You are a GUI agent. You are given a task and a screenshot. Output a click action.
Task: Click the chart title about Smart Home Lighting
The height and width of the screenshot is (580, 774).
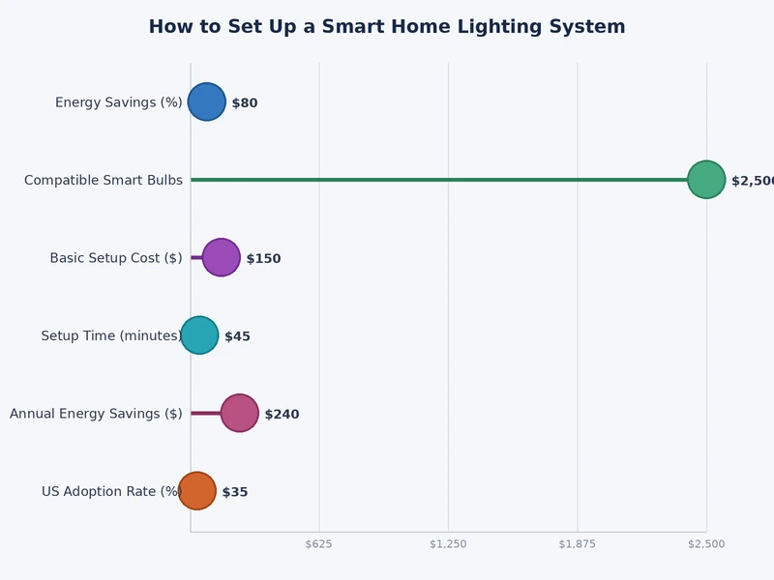(x=387, y=27)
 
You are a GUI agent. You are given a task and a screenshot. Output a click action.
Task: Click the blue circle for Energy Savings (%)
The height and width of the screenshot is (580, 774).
(x=206, y=101)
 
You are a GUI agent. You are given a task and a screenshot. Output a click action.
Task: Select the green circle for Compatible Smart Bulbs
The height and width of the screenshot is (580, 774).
(x=706, y=180)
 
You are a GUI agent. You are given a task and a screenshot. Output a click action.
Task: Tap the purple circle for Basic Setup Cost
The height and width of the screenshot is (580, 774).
(x=221, y=257)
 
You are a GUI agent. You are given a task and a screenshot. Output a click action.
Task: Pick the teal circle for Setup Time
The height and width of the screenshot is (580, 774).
(x=199, y=335)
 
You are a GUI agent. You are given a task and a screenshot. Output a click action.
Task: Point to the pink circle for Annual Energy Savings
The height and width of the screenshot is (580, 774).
(x=239, y=413)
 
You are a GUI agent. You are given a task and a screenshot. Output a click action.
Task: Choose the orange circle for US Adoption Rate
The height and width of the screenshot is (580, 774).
(x=197, y=491)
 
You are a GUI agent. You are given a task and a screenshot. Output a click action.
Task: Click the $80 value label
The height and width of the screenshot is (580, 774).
(x=245, y=103)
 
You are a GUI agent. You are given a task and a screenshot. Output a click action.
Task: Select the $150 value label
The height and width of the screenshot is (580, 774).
(x=263, y=259)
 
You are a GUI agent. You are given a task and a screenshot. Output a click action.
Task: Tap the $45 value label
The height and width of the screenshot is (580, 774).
(x=237, y=336)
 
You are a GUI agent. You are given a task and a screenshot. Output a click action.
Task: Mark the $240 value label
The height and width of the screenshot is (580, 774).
(x=282, y=415)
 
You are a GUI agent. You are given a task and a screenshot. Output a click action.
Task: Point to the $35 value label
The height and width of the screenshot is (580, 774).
(x=235, y=492)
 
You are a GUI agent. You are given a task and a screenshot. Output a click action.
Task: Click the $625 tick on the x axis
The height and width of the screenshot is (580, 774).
(x=319, y=544)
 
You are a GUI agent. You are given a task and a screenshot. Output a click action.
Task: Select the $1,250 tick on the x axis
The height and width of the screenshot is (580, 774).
(x=448, y=544)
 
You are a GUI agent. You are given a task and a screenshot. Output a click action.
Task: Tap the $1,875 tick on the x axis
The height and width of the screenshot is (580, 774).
(x=578, y=544)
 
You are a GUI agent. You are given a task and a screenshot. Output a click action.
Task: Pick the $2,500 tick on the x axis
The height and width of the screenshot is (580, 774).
(x=706, y=544)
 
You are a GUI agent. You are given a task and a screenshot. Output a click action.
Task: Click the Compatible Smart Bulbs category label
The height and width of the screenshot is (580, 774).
(x=104, y=181)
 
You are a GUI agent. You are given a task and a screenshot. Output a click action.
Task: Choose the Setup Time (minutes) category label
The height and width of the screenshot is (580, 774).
(x=111, y=336)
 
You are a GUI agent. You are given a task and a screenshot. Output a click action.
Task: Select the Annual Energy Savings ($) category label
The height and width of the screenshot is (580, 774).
(x=96, y=414)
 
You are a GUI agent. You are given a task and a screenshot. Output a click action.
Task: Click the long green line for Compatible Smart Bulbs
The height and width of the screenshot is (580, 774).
(x=435, y=180)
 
